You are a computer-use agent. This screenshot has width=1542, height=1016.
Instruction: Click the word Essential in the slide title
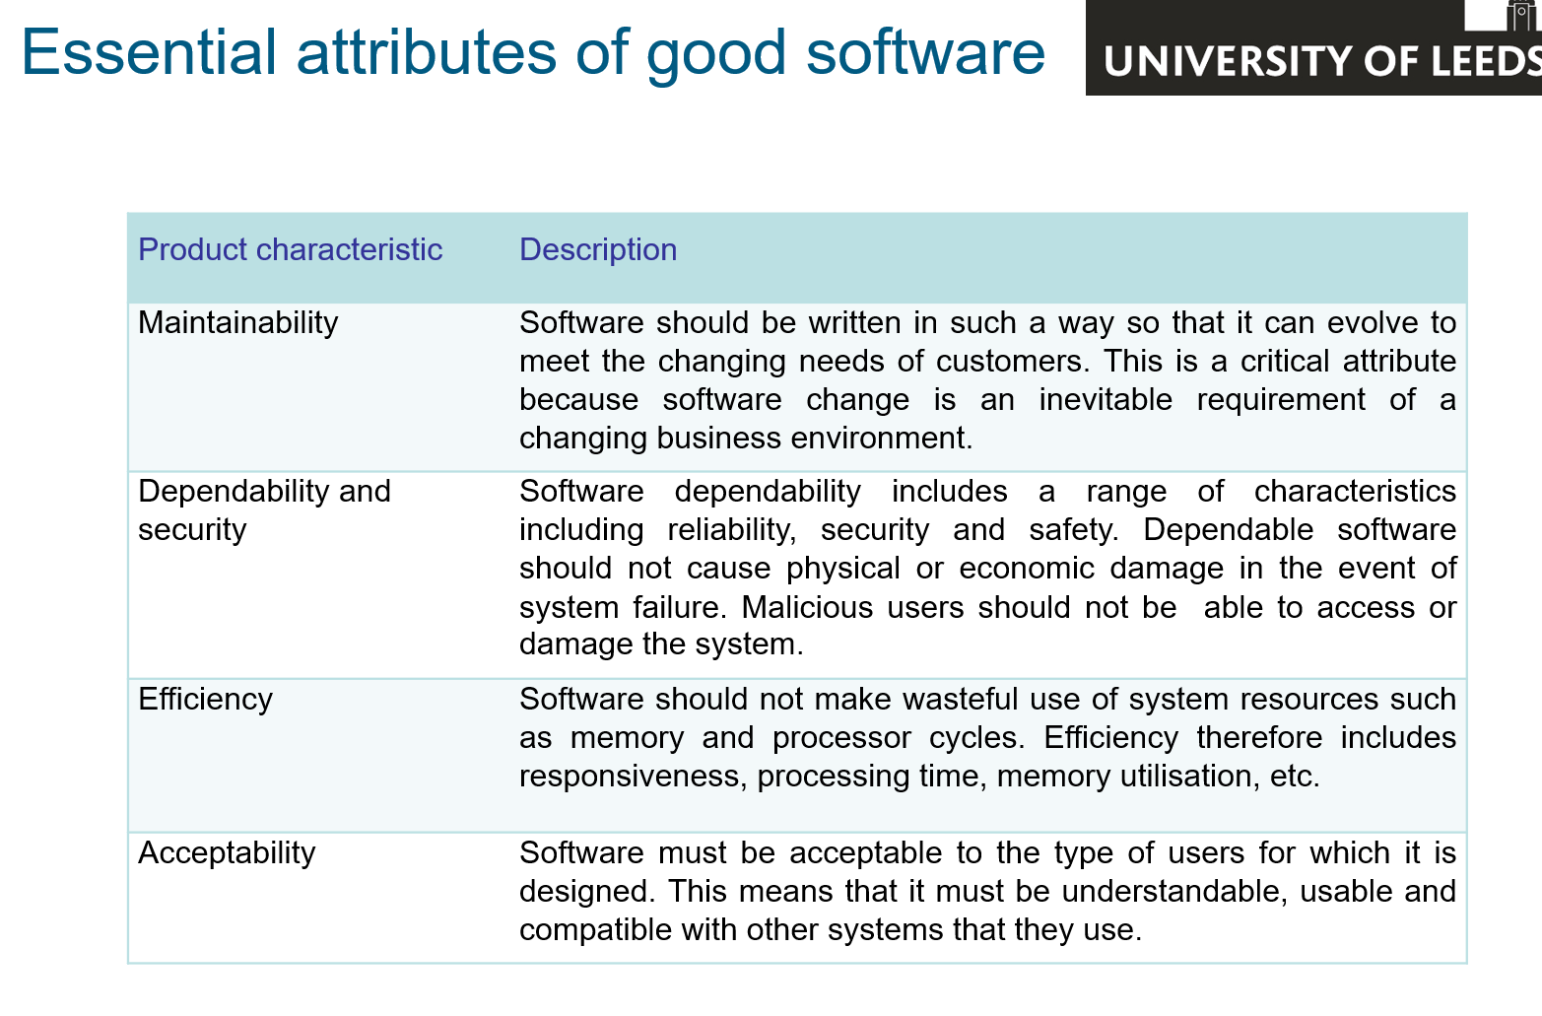point(149,52)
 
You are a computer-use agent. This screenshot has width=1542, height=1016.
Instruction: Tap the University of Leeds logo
point(1313,47)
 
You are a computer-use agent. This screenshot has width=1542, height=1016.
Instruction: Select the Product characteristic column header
point(290,249)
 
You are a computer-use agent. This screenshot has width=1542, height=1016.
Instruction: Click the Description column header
point(597,249)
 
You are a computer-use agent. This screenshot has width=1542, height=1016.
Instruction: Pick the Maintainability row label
point(238,323)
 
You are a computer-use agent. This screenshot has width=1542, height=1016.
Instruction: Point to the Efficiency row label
point(205,700)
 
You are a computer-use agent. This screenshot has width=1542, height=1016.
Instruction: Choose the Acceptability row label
point(227,853)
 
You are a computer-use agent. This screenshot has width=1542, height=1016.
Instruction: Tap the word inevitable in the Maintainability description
point(1105,399)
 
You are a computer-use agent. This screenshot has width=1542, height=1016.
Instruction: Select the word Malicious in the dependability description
point(807,607)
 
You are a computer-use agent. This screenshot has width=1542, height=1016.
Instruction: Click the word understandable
point(1174,892)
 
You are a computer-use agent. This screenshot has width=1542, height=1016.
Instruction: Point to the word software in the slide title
point(925,52)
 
